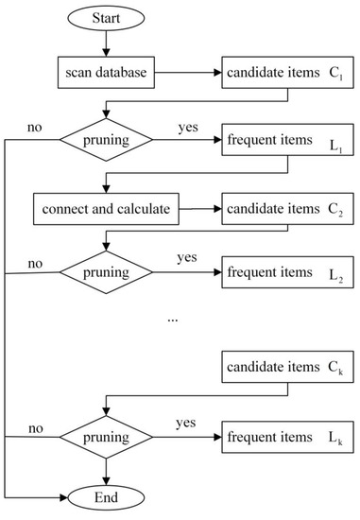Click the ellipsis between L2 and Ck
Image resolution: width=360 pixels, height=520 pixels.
point(172,319)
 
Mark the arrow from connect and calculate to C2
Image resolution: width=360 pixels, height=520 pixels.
point(200,208)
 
